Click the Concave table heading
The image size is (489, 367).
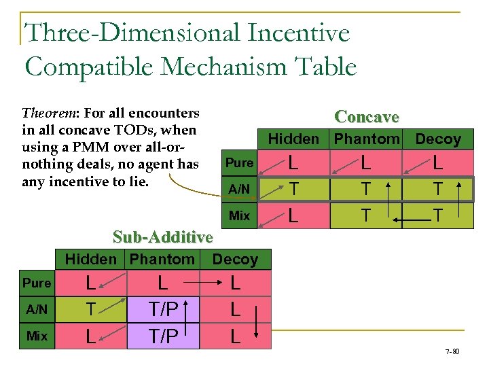367,117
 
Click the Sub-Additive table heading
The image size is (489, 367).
163,237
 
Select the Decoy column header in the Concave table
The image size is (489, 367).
438,139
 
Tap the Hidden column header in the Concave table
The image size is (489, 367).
294,139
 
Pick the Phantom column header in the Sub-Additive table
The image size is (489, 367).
162,259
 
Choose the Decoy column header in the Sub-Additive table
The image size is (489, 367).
235,259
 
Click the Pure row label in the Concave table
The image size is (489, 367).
239,163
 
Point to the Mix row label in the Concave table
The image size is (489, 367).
239,215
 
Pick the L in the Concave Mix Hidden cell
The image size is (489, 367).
293,215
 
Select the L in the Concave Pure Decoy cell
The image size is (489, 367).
438,163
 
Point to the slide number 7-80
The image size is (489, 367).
452,352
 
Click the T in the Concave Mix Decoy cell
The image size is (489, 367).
438,215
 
